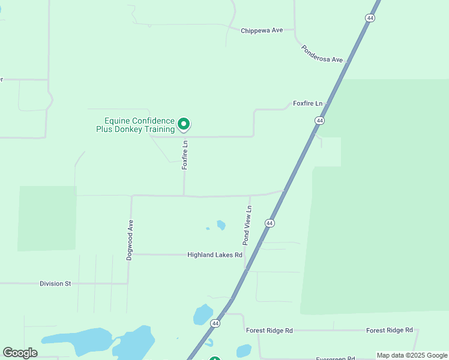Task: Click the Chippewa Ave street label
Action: pyautogui.click(x=261, y=31)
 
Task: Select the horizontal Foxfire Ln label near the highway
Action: pyautogui.click(x=307, y=103)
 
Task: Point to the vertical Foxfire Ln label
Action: pyautogui.click(x=185, y=155)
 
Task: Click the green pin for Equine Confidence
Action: pyautogui.click(x=184, y=124)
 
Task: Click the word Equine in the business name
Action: pyautogui.click(x=118, y=121)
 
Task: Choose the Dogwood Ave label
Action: pyautogui.click(x=130, y=239)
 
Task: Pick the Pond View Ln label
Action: pyautogui.click(x=246, y=225)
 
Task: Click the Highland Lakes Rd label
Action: pyautogui.click(x=214, y=255)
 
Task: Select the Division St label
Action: pyautogui.click(x=55, y=283)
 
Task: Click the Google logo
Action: pyautogui.click(x=20, y=353)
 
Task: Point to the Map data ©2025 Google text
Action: pyautogui.click(x=412, y=355)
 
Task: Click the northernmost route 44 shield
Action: pyautogui.click(x=370, y=19)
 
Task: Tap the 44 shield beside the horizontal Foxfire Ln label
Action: pyautogui.click(x=319, y=121)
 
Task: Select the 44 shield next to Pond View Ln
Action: pyautogui.click(x=270, y=223)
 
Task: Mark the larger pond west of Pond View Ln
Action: pyautogui.click(x=221, y=225)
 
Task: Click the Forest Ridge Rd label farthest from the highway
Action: pyautogui.click(x=390, y=330)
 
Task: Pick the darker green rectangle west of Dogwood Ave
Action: pyautogui.click(x=47, y=218)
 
